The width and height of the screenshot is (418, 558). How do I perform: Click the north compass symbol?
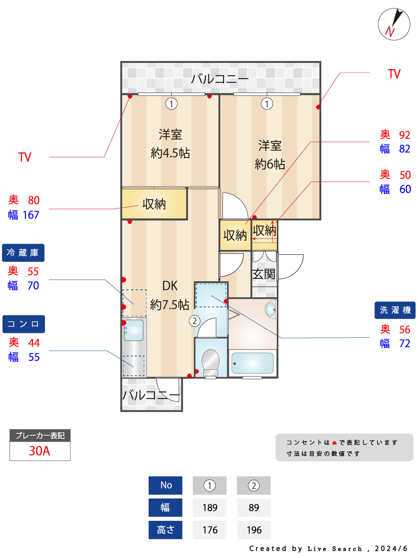pos(394,24)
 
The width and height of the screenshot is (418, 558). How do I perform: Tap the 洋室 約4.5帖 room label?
pos(170,144)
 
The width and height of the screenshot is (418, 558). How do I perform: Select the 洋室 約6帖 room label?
pos(270,155)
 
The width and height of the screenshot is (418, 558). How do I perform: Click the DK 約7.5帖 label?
pos(170,295)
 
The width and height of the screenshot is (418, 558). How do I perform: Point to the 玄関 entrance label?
pos(264,274)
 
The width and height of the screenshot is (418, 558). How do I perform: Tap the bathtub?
pos(252,363)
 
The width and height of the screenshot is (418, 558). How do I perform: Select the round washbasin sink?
pos(270,309)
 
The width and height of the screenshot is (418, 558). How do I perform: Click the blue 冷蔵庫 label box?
pos(23,253)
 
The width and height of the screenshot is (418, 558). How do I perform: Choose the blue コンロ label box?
pos(23,324)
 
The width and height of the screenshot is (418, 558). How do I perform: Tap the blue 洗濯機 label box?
pos(395,310)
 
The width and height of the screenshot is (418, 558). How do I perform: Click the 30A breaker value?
pos(40,451)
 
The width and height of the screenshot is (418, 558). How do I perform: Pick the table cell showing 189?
pos(210,508)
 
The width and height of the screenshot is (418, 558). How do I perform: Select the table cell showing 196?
pos(254,530)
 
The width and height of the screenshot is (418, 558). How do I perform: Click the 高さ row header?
pos(165,530)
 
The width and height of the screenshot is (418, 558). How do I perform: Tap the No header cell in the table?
pos(165,485)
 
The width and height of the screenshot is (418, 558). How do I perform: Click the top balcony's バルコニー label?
pos(220,79)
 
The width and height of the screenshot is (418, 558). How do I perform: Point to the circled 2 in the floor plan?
pos(194,321)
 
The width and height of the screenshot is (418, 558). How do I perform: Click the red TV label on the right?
pos(394,74)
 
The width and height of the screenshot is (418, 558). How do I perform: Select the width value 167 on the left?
pos(31,215)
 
